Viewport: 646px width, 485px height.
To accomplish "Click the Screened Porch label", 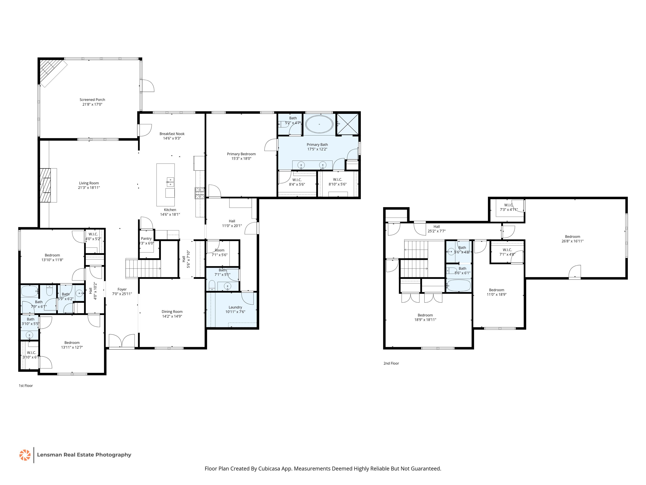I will point(92,100).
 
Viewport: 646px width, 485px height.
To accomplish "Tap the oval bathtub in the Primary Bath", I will point(319,124).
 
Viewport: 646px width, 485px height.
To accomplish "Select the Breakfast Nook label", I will point(172,134).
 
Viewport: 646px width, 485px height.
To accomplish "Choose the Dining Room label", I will point(172,312).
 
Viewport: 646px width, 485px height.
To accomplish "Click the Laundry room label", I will point(235,307).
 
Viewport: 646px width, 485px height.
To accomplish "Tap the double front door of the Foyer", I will point(122,341).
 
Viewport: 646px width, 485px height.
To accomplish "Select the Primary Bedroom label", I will point(241,154).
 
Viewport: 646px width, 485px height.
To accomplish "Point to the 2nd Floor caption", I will point(391,363).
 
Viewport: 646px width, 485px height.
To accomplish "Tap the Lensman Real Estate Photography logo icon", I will point(25,455).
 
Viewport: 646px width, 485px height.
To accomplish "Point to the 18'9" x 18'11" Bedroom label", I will point(425,317).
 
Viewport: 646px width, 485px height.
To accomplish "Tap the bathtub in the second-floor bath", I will point(459,286).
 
